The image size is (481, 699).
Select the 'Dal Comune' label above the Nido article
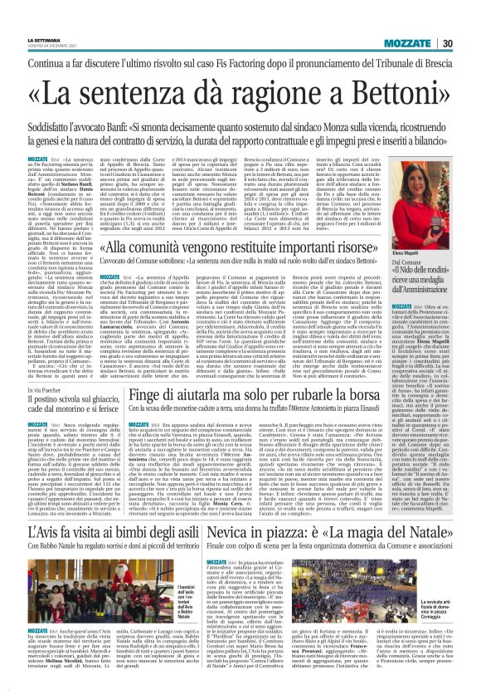click(x=401, y=237)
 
